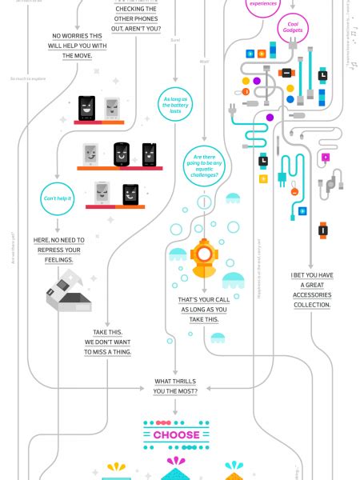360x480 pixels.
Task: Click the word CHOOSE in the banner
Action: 176,435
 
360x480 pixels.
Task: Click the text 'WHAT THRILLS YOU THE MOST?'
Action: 176,386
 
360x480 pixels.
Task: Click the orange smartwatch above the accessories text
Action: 323,230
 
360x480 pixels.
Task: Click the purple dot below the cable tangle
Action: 270,118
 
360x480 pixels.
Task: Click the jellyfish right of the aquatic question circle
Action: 232,198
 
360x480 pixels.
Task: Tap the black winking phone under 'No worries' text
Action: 86,106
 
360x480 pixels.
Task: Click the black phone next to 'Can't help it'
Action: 130,193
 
